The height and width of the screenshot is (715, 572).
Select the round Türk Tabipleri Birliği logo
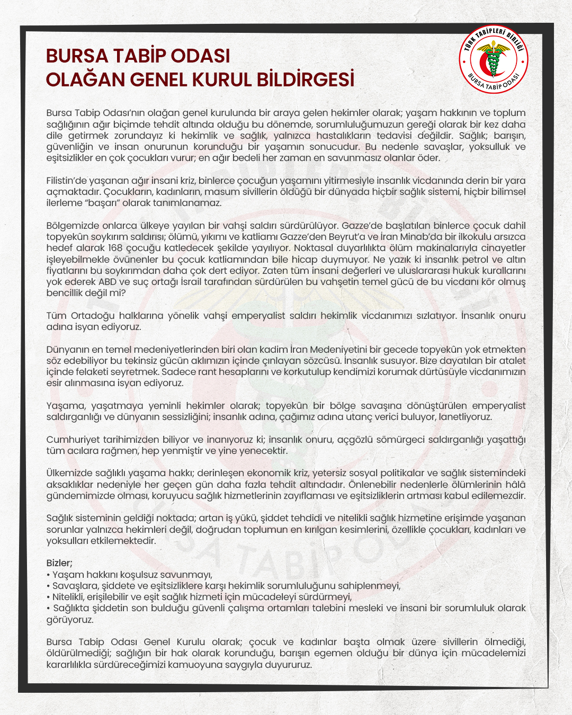pos(493,60)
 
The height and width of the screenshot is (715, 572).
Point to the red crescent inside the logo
pos(485,63)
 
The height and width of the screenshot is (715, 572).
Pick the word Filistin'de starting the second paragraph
pos(67,181)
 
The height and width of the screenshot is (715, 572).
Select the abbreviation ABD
pos(108,282)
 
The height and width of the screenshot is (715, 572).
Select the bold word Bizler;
pos(59,563)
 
